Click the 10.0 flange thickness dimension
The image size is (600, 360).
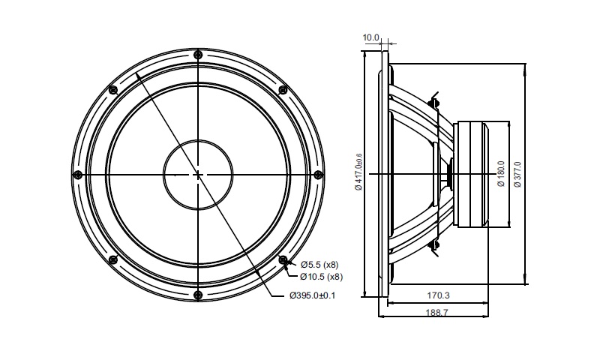coord(370,37)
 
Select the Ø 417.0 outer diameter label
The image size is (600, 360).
coord(358,172)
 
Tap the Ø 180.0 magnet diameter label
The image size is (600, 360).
coord(501,174)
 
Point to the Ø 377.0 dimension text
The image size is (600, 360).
coord(517,174)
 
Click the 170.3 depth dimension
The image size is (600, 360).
coord(438,295)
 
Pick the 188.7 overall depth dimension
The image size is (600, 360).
coord(436,313)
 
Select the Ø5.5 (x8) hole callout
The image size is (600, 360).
coord(319,264)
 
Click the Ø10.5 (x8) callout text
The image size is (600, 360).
coord(322,276)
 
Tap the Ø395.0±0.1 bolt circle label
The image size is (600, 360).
coord(313,295)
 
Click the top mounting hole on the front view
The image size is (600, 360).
coord(198,54)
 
